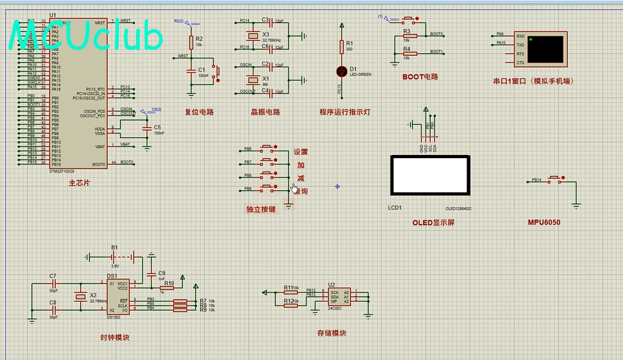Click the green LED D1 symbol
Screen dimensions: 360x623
coord(342,71)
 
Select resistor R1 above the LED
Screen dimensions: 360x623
coord(342,47)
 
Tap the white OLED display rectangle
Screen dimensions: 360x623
coord(429,175)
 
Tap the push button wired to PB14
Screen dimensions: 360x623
coord(555,180)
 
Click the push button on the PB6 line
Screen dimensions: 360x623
coord(267,149)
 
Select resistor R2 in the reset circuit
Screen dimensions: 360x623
coord(191,42)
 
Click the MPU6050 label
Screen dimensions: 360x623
coord(544,222)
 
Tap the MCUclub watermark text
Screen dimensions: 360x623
coord(87,37)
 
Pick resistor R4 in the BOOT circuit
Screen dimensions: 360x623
coord(410,54)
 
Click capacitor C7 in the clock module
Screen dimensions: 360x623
coord(53,282)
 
